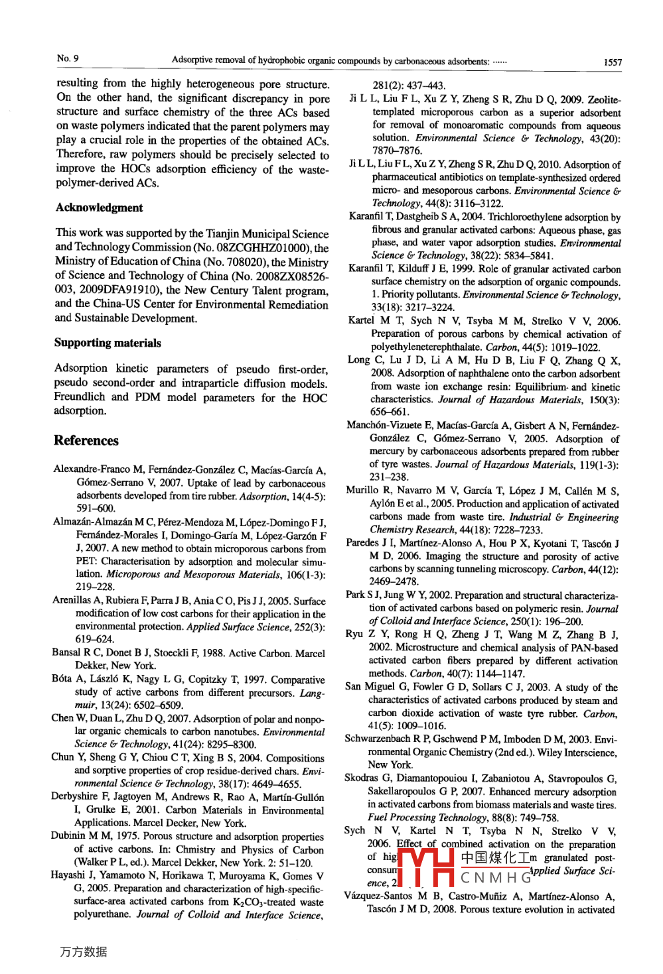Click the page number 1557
(612, 62)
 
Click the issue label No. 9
(68, 58)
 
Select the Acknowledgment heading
(99, 208)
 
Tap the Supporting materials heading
(108, 343)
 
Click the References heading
(86, 441)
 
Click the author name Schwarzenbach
(377, 739)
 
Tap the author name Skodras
(361, 778)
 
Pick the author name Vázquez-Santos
(378, 896)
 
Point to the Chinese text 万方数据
(83, 952)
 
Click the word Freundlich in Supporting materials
(80, 397)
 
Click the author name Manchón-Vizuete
(384, 426)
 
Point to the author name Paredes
(364, 543)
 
